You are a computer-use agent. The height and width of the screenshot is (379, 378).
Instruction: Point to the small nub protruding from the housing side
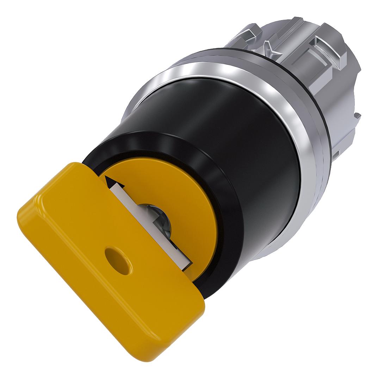click(357, 115)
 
